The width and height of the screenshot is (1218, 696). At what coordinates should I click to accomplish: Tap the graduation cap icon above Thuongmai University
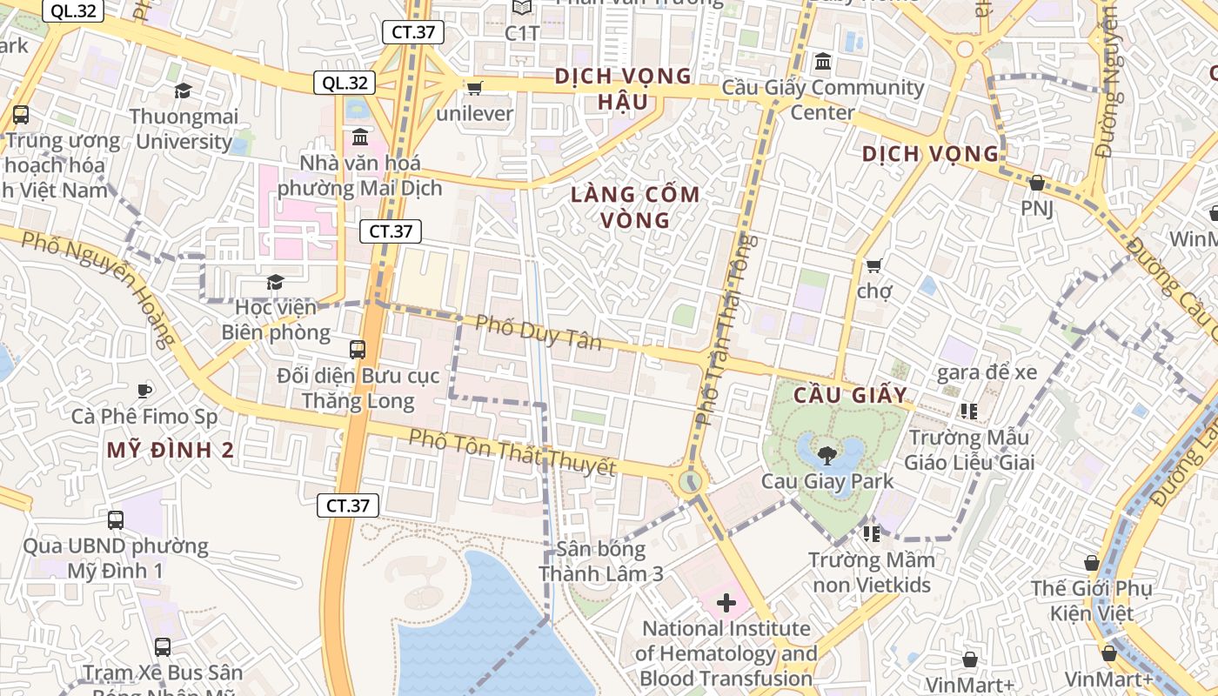(x=183, y=91)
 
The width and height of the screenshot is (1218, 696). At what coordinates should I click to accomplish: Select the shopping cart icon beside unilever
(x=475, y=88)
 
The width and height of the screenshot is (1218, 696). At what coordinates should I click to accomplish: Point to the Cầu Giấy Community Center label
(x=823, y=100)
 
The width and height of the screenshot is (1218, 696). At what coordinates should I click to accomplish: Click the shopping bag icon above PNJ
(x=1036, y=183)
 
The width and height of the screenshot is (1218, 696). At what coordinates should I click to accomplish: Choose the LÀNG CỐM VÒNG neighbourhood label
(x=635, y=207)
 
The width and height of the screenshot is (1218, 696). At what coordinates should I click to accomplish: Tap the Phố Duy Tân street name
(x=539, y=331)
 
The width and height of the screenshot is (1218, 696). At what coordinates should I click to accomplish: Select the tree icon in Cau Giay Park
(x=826, y=454)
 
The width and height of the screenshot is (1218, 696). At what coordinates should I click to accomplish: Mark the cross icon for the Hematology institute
(x=726, y=602)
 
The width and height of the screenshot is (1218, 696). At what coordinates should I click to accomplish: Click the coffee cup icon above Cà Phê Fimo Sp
(x=144, y=391)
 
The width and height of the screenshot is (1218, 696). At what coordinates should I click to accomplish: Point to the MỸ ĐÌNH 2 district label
(x=171, y=450)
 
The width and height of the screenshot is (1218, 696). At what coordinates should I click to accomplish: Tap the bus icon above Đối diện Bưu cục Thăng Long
(x=358, y=350)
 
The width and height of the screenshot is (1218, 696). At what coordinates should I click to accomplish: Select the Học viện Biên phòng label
(x=276, y=320)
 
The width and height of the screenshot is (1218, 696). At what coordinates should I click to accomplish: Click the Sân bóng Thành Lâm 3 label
(x=601, y=561)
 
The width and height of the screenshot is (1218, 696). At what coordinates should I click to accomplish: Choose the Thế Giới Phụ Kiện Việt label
(x=1091, y=601)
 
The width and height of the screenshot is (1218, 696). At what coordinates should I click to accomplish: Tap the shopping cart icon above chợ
(x=873, y=264)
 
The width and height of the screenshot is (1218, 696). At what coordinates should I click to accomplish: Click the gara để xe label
(x=987, y=372)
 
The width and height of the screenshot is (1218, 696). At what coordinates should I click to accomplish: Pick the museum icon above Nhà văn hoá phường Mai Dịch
(x=360, y=137)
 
